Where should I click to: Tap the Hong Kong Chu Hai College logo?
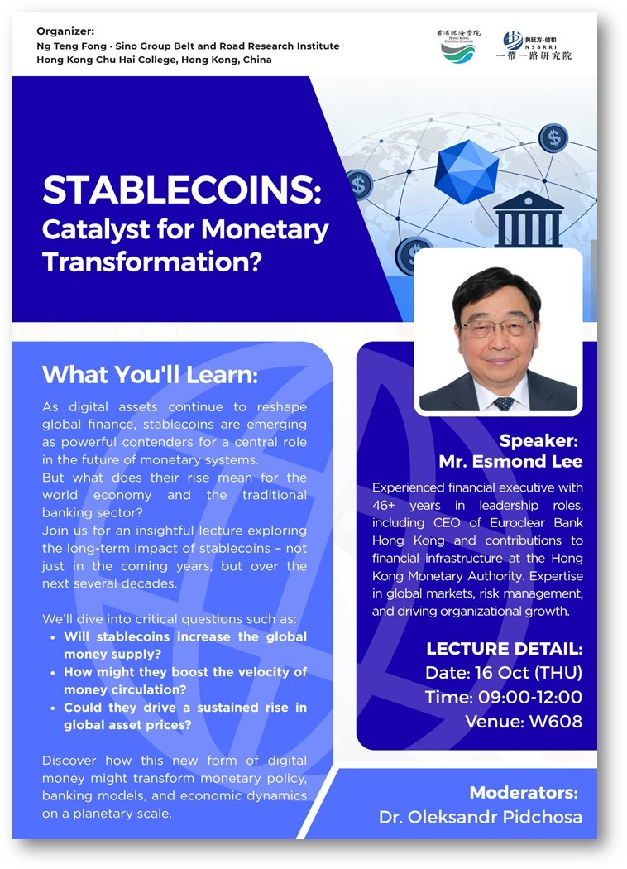(x=458, y=46)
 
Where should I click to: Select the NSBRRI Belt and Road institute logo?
(x=534, y=46)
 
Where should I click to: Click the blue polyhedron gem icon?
(x=466, y=171)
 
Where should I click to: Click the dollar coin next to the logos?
(x=553, y=137)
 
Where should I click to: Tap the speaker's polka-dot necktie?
(x=503, y=404)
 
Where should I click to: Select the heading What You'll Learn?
(x=150, y=375)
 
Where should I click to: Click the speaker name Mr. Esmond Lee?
(x=510, y=461)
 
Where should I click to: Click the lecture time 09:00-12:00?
(x=530, y=697)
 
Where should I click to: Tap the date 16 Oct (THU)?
(x=529, y=672)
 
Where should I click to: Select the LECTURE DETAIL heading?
(x=504, y=648)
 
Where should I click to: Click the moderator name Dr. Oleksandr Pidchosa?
(x=481, y=817)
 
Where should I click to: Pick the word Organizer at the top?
(x=65, y=31)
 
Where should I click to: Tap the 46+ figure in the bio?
(x=384, y=505)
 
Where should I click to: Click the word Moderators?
(x=524, y=793)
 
